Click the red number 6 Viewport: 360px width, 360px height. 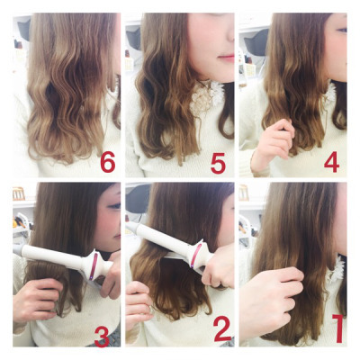pos(108,163)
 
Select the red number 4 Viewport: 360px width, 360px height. pos(331,162)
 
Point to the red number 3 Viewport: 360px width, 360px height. pos(102,337)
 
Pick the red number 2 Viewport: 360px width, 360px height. pos(222,328)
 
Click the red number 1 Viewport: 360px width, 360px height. pos(338,328)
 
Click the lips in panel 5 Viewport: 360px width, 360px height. pos(227,58)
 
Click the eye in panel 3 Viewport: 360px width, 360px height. pos(115,206)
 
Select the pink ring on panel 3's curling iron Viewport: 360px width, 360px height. pos(94,265)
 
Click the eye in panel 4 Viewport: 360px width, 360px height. pos(342,30)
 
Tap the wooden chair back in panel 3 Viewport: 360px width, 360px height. pos(19,193)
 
